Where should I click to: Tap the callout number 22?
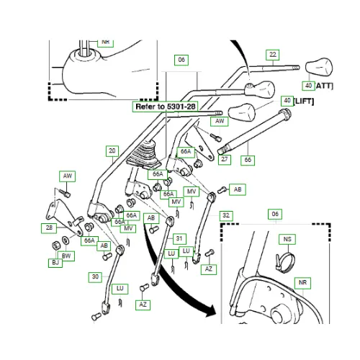(x=271, y=54)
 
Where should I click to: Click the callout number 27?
(x=225, y=159)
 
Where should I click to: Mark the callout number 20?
(x=112, y=150)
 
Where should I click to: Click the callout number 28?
(x=48, y=228)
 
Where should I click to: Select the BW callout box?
(x=66, y=256)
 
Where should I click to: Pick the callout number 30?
(x=95, y=276)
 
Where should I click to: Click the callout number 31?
(x=179, y=239)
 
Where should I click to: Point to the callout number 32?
(x=226, y=215)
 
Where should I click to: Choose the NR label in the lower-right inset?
(x=302, y=283)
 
